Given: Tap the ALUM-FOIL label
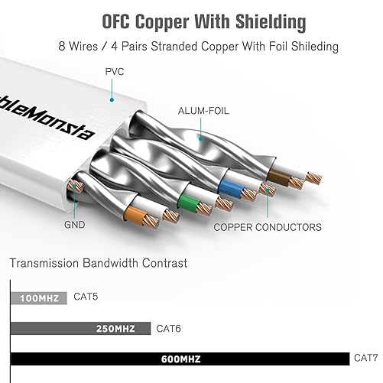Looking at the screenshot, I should [x=203, y=110].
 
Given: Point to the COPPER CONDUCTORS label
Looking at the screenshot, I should [x=267, y=226].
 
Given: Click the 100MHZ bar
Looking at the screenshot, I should [x=38, y=297].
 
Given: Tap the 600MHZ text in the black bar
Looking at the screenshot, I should [x=181, y=359].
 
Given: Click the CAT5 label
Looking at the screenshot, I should [x=87, y=296].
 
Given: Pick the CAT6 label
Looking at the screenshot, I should [x=169, y=328].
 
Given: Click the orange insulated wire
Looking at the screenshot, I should [x=134, y=215].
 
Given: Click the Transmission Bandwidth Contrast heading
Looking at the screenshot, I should [x=99, y=263].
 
